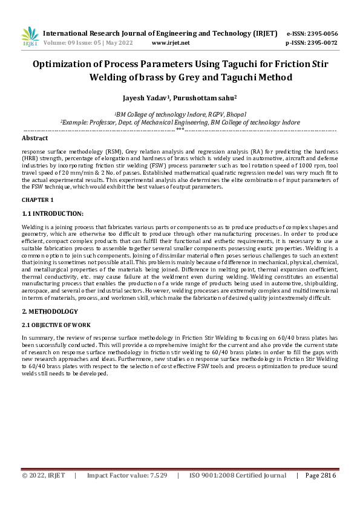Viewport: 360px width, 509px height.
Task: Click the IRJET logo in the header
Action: pyautogui.click(x=29, y=37)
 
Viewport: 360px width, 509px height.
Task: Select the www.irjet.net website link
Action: pyautogui.click(x=171, y=43)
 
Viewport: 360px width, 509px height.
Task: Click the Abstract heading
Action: pyautogui.click(x=34, y=138)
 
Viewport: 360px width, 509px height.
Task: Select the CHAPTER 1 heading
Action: pyautogui.click(x=38, y=199)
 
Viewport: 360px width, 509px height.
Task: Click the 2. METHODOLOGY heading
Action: pyautogui.click(x=50, y=311)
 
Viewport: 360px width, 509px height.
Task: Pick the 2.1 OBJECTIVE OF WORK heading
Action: pyautogui.click(x=56, y=325)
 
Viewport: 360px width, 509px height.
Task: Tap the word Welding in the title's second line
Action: pyautogui.click(x=111, y=77)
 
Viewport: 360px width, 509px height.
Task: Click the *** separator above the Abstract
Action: pyautogui.click(x=180, y=129)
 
